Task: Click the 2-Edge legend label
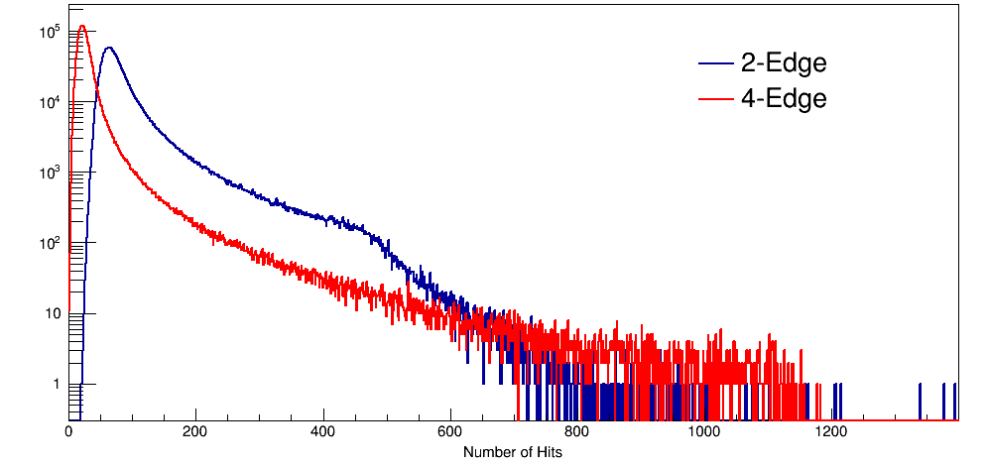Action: (x=784, y=64)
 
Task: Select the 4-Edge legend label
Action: (x=784, y=99)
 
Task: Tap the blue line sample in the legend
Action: (x=715, y=64)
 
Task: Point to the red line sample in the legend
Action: (x=715, y=99)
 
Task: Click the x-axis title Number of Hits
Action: (x=513, y=452)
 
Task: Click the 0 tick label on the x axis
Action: (x=68, y=432)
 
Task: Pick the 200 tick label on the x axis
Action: (x=196, y=432)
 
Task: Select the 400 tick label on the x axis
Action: (x=323, y=432)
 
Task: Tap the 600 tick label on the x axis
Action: (x=451, y=432)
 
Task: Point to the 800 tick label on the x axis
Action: (x=578, y=432)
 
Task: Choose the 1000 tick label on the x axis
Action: (x=705, y=432)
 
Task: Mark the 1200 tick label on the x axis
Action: (x=833, y=432)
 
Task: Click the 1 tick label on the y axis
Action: (x=56, y=385)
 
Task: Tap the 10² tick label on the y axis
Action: (x=50, y=243)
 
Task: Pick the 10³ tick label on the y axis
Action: (x=50, y=173)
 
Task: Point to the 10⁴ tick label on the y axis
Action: (x=50, y=102)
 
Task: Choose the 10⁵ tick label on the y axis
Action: (x=50, y=32)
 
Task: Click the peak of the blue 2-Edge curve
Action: (x=108, y=48)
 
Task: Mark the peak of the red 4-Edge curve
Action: (x=82, y=27)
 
